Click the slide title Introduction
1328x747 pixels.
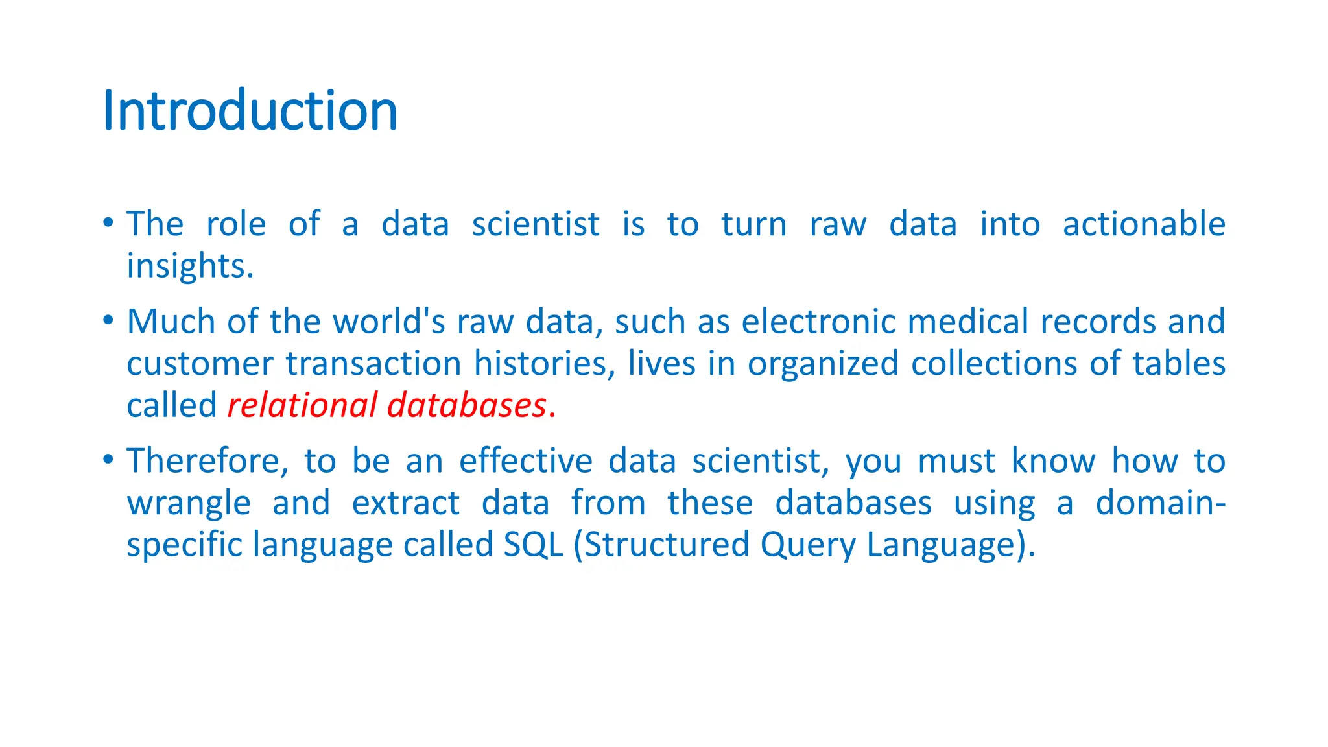(x=250, y=111)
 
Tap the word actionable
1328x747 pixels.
(x=1144, y=224)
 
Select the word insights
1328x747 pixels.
(x=190, y=267)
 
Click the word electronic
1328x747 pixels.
(x=818, y=322)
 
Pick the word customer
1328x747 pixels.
(x=200, y=364)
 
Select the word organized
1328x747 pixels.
(x=823, y=364)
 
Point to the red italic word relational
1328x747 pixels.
(x=302, y=406)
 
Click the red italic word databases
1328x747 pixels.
(x=467, y=406)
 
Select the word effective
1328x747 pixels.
(x=526, y=461)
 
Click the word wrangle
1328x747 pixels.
(x=189, y=504)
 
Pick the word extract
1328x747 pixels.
(x=406, y=504)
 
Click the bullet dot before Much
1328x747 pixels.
(x=108, y=320)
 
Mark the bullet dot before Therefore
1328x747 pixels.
(x=108, y=460)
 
